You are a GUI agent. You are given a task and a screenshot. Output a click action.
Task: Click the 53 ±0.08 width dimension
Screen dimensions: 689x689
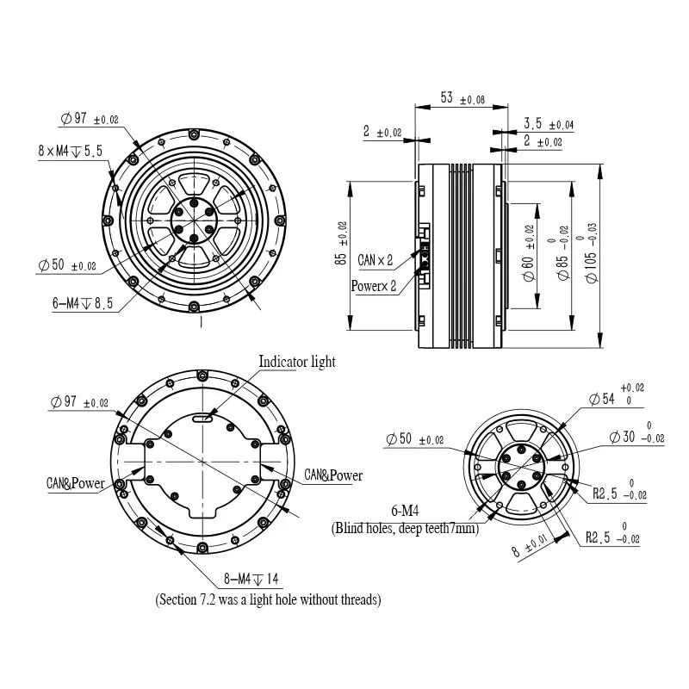click(x=462, y=98)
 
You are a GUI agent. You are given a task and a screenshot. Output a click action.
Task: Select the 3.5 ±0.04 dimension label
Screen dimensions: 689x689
click(x=549, y=124)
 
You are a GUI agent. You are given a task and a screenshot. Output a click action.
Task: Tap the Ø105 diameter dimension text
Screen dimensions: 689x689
click(x=591, y=252)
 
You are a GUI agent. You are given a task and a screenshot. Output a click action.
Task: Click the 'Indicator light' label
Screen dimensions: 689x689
click(x=296, y=362)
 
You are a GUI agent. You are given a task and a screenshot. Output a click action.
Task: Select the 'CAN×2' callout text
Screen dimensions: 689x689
click(x=375, y=260)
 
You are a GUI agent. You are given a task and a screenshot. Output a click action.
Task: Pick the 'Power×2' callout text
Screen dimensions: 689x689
click(x=374, y=286)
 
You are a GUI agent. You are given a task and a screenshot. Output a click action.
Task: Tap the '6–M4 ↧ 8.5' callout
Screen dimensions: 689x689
click(x=83, y=303)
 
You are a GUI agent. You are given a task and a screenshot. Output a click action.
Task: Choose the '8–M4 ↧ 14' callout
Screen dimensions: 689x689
click(x=251, y=578)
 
